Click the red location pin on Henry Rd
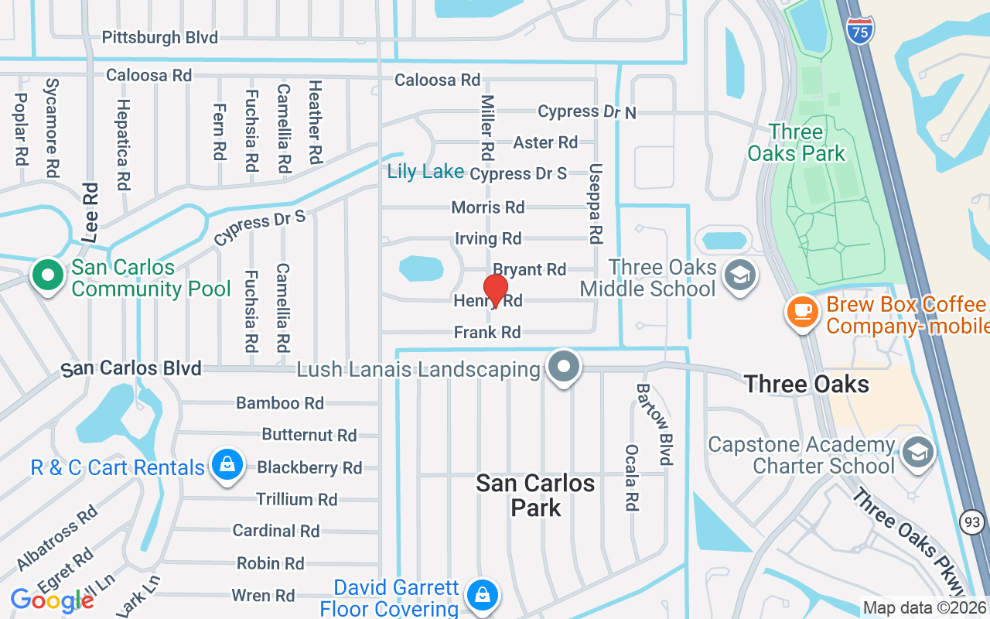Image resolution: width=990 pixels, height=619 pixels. tap(495, 289)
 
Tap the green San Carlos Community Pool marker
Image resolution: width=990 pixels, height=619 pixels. tap(47, 275)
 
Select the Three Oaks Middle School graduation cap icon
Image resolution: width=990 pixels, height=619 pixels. tap(740, 275)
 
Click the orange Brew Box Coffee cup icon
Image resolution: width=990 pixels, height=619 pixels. tap(803, 312)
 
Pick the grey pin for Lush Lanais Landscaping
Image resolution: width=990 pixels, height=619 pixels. tap(564, 367)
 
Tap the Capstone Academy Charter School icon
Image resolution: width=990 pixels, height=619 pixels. tap(918, 453)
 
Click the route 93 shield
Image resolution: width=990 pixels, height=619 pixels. tap(972, 523)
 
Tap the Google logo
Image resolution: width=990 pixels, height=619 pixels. tap(51, 600)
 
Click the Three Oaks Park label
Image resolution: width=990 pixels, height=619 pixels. tap(797, 142)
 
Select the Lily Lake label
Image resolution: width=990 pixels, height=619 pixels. tap(425, 172)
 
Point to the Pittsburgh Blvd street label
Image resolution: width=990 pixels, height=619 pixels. tap(160, 37)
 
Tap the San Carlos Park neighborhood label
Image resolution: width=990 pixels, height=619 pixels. tap(535, 495)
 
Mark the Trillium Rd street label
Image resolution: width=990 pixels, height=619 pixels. tap(297, 499)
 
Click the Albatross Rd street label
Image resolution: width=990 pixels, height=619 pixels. tap(57, 535)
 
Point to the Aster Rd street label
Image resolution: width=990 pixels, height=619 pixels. tap(545, 142)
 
